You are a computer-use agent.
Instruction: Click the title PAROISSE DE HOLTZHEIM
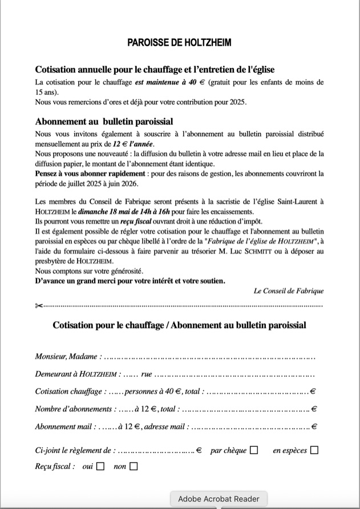click(180, 43)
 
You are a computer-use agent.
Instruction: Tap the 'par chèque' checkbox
click(254, 450)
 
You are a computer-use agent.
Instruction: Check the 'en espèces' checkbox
click(314, 450)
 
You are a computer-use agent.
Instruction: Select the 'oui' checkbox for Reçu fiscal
click(100, 466)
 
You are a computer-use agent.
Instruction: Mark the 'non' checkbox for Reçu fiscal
click(134, 466)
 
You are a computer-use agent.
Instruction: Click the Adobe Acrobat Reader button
click(219, 499)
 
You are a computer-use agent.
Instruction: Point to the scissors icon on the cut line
click(39, 306)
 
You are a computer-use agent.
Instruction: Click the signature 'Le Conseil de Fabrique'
click(289, 290)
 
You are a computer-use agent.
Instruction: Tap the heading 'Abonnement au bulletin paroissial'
click(104, 122)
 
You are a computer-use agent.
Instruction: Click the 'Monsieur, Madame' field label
click(66, 357)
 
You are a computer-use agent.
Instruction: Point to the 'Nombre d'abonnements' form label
click(73, 409)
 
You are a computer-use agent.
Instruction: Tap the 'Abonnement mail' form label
click(65, 426)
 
